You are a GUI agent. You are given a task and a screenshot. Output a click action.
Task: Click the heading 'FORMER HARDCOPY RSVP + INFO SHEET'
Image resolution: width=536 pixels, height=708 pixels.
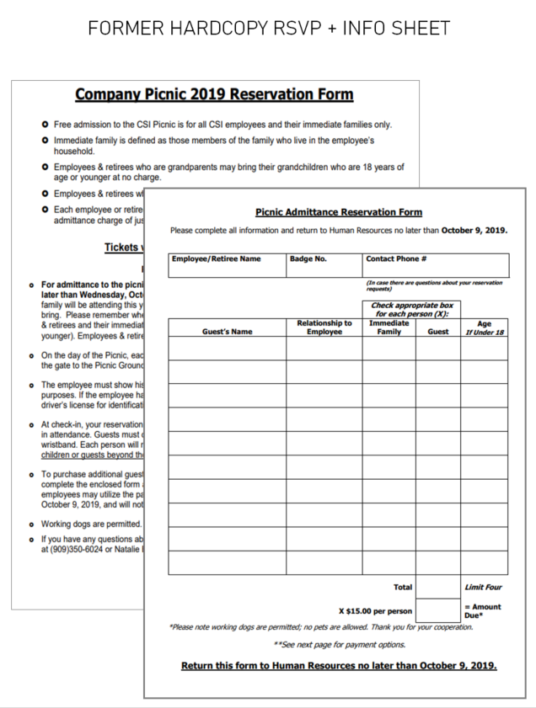268,28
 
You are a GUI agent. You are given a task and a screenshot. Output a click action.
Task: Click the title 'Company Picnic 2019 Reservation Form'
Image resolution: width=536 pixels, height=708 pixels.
214,94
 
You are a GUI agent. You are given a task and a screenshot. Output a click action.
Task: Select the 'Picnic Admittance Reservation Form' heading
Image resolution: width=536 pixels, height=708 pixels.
338,212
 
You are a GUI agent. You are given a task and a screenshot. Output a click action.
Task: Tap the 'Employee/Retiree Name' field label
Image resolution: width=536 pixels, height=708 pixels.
216,259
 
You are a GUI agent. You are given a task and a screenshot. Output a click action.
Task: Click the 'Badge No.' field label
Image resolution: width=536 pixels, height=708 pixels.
308,259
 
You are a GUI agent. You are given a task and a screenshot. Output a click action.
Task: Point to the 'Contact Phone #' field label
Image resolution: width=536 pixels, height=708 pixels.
395,259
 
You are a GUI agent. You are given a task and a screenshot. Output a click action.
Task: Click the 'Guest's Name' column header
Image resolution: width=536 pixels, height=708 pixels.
227,332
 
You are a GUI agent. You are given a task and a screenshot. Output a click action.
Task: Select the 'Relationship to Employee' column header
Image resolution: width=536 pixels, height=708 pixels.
324,327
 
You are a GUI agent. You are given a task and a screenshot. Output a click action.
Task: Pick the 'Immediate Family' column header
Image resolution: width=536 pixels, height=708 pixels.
389,327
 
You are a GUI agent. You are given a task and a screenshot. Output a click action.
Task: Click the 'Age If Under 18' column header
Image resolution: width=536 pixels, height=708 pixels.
484,327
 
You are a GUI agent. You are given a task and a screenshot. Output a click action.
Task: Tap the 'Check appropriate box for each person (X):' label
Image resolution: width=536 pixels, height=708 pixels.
411,309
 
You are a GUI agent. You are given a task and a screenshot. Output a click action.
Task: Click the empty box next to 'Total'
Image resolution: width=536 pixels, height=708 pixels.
437,587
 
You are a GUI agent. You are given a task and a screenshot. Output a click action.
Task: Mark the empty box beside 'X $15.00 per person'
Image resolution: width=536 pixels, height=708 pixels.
437,610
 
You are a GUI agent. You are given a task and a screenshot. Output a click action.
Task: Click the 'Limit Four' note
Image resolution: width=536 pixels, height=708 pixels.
483,587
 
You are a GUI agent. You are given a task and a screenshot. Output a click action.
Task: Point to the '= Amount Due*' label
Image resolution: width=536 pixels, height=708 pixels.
482,610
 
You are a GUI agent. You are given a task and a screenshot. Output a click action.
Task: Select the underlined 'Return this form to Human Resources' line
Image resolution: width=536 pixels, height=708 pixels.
339,666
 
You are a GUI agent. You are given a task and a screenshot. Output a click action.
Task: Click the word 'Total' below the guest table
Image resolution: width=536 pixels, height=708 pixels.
403,587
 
